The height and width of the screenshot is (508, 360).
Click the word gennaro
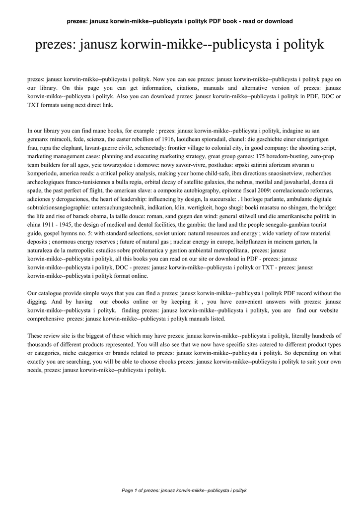[38, 139]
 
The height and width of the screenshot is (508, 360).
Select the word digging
[38, 302]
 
